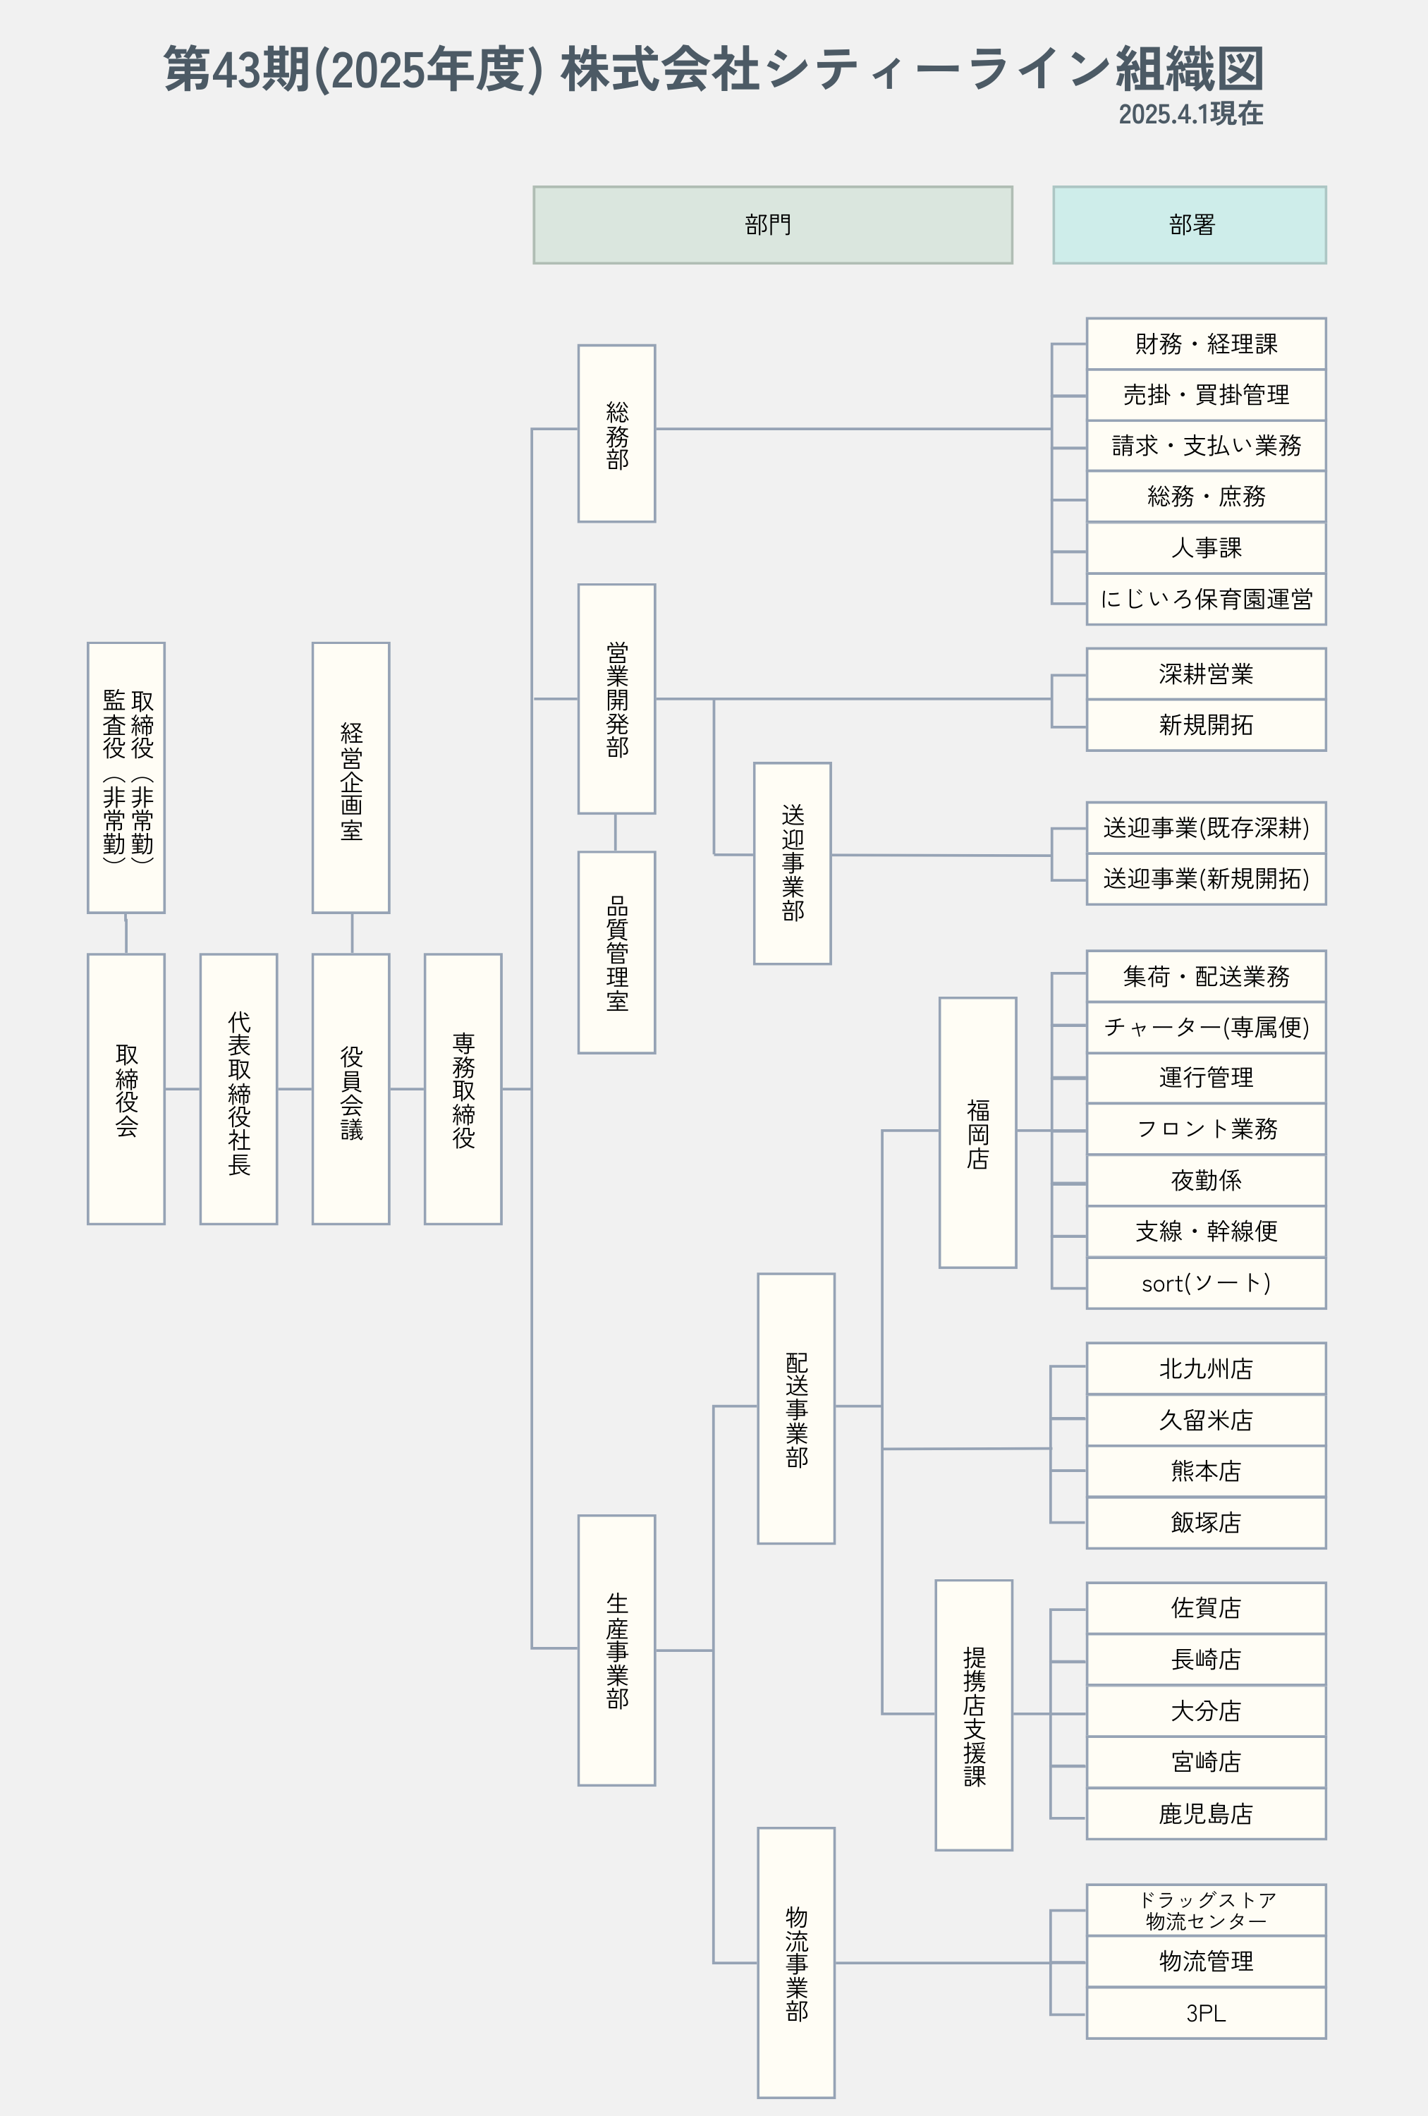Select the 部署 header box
point(1189,225)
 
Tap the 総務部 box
point(616,433)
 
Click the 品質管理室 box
point(616,952)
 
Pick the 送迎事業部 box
point(792,863)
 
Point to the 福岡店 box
point(977,1133)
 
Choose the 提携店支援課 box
point(974,1715)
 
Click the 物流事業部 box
point(795,1962)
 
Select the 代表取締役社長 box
point(238,1089)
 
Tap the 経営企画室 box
point(350,777)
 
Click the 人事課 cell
point(1206,547)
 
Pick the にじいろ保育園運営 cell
point(1206,599)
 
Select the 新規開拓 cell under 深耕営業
point(1206,725)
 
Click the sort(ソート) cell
point(1206,1283)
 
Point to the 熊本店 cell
point(1206,1471)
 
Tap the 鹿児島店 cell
point(1206,1813)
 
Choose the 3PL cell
point(1206,2013)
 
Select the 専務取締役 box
point(463,1089)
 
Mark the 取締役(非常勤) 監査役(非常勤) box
point(126,777)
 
